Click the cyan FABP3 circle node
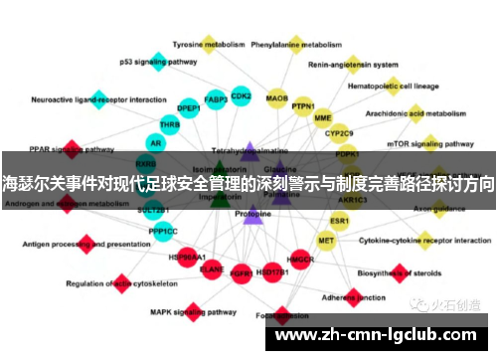[x=215, y=100]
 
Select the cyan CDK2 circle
[x=241, y=96]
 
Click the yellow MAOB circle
[x=277, y=99]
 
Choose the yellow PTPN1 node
[x=303, y=106]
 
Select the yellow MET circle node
[x=326, y=240]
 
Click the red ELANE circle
[x=212, y=268]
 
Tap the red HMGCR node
[x=300, y=261]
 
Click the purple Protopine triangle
[x=252, y=214]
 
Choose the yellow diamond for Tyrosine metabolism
[x=209, y=44]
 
